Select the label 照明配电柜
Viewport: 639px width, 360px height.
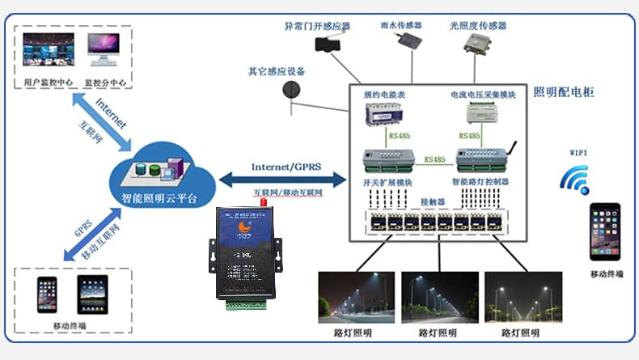(x=564, y=92)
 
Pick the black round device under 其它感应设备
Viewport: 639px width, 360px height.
(x=290, y=90)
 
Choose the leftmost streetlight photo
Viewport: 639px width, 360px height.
(x=356, y=298)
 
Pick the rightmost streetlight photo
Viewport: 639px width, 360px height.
(x=521, y=298)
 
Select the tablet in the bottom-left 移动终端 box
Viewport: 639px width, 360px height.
(x=92, y=294)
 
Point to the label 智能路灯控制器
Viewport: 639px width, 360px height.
(x=480, y=183)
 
